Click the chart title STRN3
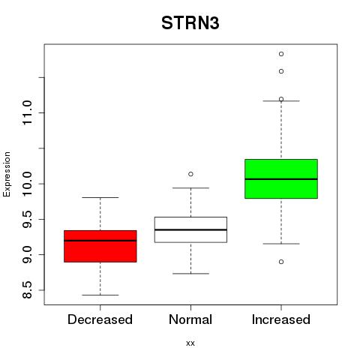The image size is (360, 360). point(190,23)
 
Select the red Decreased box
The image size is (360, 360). point(100,246)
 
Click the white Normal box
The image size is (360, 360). point(190,229)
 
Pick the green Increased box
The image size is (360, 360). point(281,178)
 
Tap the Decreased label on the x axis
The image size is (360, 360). point(100,319)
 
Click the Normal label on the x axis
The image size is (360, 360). point(190,319)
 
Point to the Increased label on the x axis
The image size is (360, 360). point(281,319)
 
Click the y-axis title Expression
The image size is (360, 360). point(7,174)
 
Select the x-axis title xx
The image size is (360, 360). point(190,343)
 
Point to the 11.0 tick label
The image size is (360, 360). point(27,112)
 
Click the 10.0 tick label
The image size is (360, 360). point(27,184)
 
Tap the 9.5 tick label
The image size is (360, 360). point(27,219)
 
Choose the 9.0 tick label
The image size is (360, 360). point(27,254)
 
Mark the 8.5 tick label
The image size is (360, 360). point(27,290)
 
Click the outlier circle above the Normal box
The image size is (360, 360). point(190,174)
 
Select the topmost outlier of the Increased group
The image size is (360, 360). point(281,54)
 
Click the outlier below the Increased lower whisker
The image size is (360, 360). point(281,262)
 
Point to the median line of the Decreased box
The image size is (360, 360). point(100,241)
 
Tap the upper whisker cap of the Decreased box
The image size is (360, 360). point(100,197)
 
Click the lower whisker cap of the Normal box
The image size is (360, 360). point(190,274)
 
